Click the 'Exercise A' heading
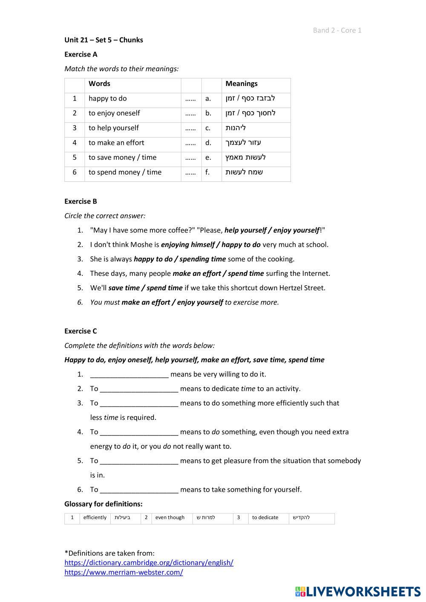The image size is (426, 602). [x=81, y=54]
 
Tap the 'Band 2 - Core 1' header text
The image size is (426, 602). [x=337, y=30]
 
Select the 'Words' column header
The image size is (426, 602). [x=99, y=84]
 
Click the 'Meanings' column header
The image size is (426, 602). [x=241, y=84]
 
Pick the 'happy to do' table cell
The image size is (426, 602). [x=107, y=98]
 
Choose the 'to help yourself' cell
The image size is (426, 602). [x=113, y=128]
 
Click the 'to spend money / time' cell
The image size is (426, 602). [x=125, y=172]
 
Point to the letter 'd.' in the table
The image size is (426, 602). [x=208, y=143]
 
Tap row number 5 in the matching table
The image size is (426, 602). [x=75, y=158]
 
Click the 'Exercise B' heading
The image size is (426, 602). [x=81, y=201]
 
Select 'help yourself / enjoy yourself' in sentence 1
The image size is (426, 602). [x=272, y=230]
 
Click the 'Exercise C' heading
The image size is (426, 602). [x=81, y=331]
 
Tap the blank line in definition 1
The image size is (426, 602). [x=130, y=375]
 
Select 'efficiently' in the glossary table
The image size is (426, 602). [x=95, y=518]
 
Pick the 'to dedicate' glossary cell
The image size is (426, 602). [x=265, y=518]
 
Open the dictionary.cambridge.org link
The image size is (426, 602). [x=149, y=563]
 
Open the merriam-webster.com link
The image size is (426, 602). [x=124, y=573]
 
